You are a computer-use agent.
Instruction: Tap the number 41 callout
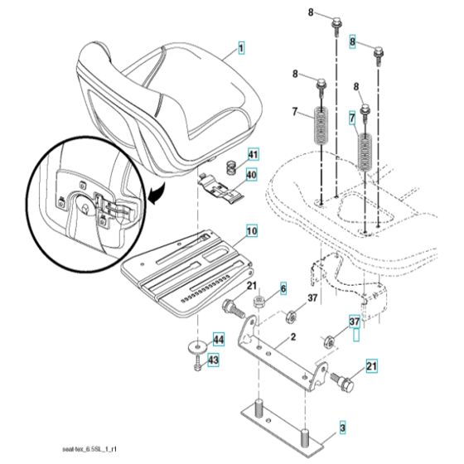(x=253, y=154)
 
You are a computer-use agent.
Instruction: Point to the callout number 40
(x=252, y=175)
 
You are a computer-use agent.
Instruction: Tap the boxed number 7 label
(x=353, y=118)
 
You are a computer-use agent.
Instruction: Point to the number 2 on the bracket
(x=293, y=338)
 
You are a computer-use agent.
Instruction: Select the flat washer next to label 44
(x=196, y=344)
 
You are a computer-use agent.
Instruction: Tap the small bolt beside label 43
(x=196, y=363)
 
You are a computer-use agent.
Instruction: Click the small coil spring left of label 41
(x=233, y=154)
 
